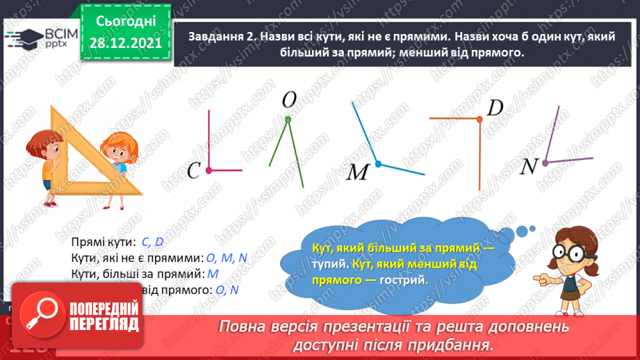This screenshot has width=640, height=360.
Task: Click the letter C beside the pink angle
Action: (x=195, y=170)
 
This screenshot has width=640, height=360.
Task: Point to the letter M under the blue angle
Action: (x=356, y=172)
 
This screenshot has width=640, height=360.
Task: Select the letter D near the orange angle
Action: (x=495, y=108)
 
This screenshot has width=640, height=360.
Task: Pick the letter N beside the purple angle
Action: (x=530, y=166)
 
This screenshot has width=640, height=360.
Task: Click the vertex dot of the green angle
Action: (x=287, y=120)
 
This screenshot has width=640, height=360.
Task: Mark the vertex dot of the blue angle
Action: (x=378, y=164)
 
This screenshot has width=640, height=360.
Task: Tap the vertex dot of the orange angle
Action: (x=479, y=120)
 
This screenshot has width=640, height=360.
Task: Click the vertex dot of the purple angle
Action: (x=545, y=163)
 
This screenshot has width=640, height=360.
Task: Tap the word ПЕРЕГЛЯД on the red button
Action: (x=103, y=325)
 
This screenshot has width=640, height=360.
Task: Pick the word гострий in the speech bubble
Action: (x=404, y=279)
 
